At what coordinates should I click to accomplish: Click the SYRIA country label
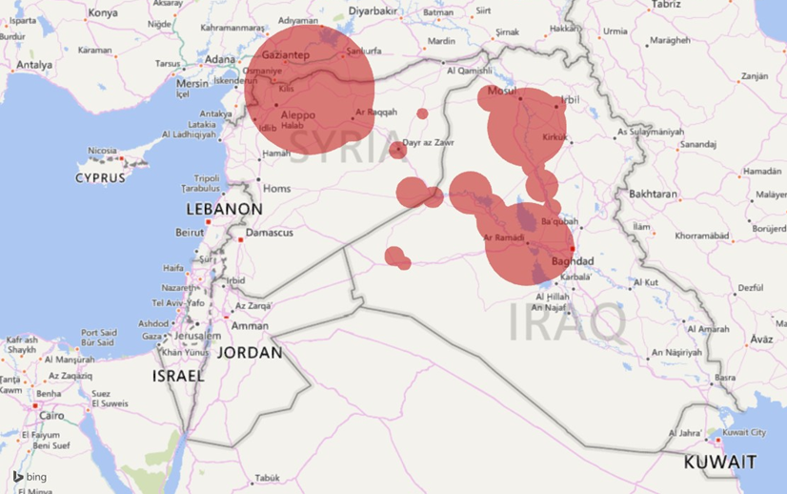click(341, 145)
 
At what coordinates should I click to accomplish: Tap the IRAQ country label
click(568, 322)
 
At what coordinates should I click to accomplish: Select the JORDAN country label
click(250, 352)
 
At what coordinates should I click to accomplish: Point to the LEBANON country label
click(224, 209)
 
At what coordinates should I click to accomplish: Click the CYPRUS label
click(101, 178)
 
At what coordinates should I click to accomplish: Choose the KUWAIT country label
click(720, 463)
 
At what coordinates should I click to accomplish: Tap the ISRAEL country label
click(178, 377)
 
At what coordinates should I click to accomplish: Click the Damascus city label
click(269, 233)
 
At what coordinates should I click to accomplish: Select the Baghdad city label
click(572, 261)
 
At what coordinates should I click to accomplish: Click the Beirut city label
click(190, 233)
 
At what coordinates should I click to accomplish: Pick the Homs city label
click(276, 188)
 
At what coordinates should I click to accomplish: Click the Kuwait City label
click(744, 433)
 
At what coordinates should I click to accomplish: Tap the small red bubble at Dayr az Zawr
click(398, 150)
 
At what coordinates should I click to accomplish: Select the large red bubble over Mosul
click(527, 124)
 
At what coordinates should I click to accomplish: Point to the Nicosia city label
click(102, 151)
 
